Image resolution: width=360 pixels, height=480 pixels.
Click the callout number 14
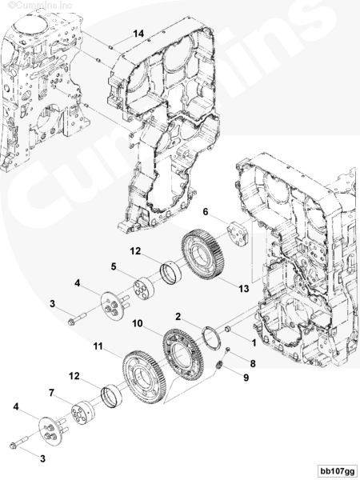(x=138, y=34)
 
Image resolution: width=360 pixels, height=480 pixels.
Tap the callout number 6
(x=205, y=211)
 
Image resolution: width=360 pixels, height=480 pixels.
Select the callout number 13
(x=244, y=289)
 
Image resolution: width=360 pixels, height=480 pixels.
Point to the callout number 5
(x=114, y=266)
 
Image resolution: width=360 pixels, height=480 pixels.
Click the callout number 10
(x=138, y=323)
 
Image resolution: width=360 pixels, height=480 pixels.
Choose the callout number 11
(x=98, y=346)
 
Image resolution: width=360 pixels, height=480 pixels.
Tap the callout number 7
(x=52, y=393)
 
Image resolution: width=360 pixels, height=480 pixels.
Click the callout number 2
(x=178, y=317)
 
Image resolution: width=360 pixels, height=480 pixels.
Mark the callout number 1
(x=254, y=343)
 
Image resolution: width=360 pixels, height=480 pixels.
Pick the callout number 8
(x=253, y=363)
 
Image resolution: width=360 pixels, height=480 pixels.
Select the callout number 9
(x=246, y=378)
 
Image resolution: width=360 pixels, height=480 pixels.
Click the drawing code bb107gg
(x=337, y=470)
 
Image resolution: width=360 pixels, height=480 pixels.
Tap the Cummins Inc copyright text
(x=40, y=5)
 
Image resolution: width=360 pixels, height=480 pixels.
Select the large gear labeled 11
(x=144, y=376)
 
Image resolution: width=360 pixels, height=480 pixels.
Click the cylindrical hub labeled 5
(x=144, y=288)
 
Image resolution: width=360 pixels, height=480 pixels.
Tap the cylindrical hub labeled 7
(x=82, y=412)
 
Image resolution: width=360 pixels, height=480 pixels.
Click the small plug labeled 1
(x=228, y=330)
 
